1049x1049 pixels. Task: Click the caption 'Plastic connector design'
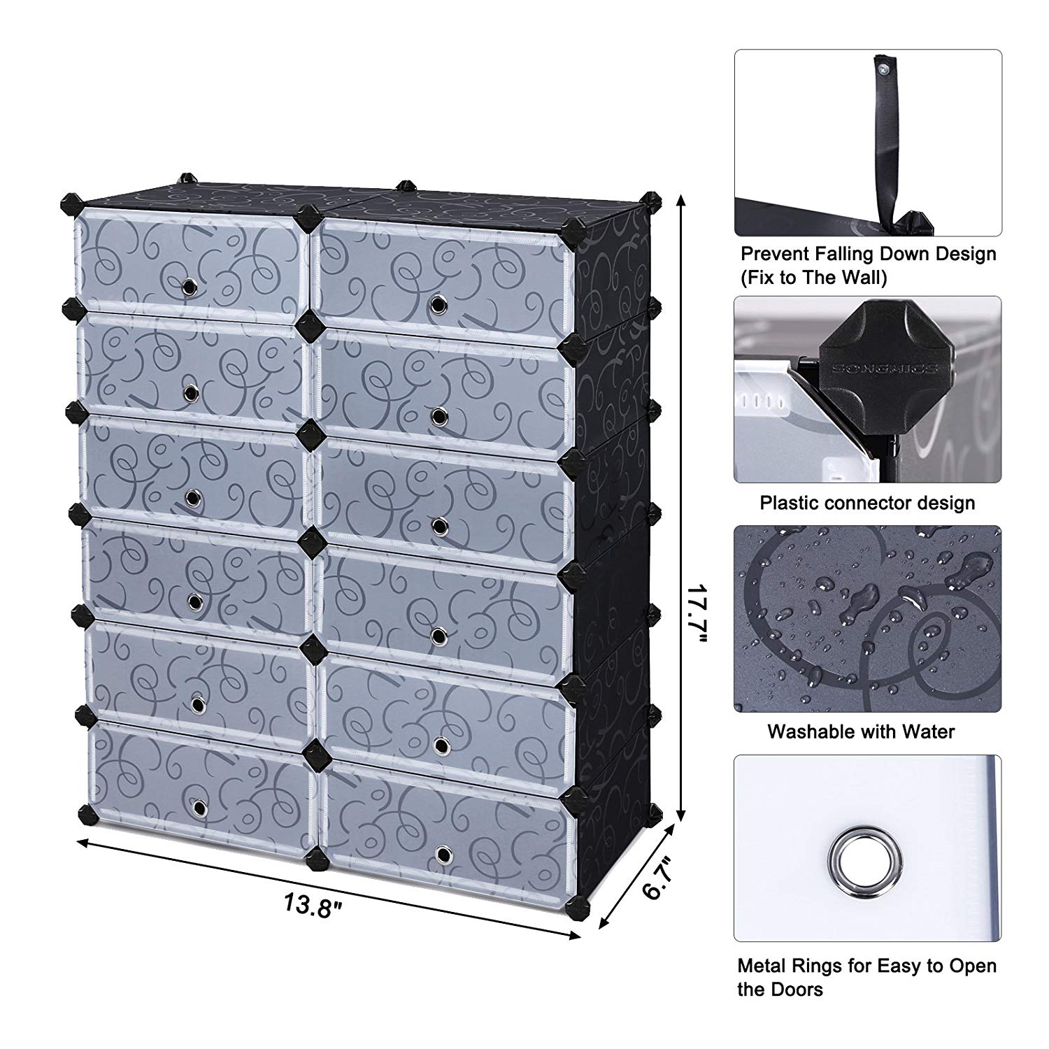(867, 503)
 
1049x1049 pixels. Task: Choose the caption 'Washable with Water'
(861, 732)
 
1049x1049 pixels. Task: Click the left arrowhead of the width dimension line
(83, 842)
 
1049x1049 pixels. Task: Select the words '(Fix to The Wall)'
(814, 278)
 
